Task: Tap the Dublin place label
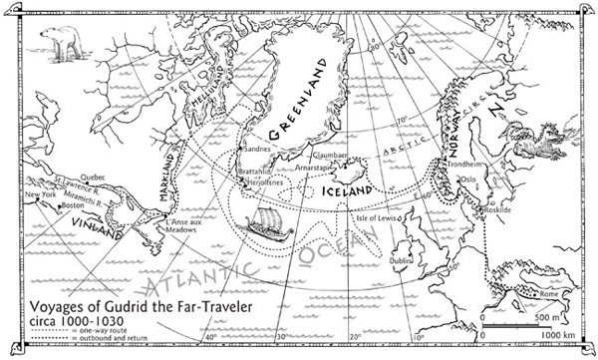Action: [404, 260]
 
